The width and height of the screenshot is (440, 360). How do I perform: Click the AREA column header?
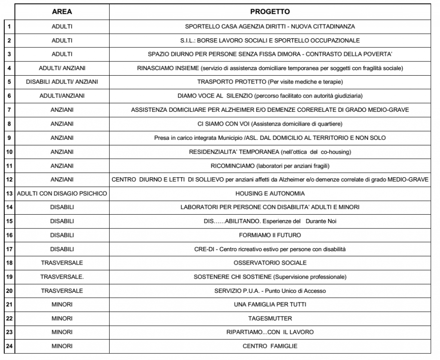(x=62, y=11)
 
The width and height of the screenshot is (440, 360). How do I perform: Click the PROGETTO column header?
(x=270, y=11)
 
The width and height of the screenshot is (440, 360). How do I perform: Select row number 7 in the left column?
(x=9, y=110)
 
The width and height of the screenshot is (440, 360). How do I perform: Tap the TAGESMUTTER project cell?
(x=270, y=318)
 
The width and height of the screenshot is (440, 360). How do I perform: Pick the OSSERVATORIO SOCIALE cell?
(x=270, y=263)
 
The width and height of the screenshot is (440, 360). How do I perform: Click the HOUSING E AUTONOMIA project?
(x=270, y=193)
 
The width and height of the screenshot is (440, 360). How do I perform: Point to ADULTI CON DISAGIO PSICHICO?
(x=62, y=193)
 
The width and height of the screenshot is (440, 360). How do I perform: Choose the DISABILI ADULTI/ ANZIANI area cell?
(x=62, y=82)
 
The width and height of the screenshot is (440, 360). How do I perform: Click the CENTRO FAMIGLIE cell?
(x=270, y=346)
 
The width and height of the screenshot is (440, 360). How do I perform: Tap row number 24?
(x=9, y=346)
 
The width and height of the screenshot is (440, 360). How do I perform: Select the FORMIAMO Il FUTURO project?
(x=270, y=235)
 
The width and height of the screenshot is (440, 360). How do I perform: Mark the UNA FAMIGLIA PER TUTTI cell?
(x=270, y=305)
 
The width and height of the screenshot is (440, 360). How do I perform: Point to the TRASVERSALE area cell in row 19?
(x=62, y=277)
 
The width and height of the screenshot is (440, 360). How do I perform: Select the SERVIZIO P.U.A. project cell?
(x=270, y=291)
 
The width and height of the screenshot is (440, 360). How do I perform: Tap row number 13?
(x=9, y=193)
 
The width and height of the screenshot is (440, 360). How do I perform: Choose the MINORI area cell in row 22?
(x=62, y=318)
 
